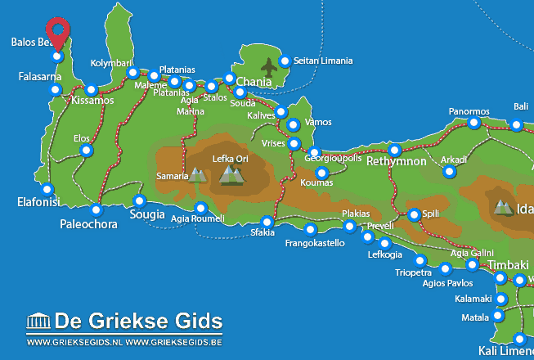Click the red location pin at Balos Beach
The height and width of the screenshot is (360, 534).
tap(57, 30)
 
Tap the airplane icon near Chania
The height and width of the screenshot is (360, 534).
tap(268, 65)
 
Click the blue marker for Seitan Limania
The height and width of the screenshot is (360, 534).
tap(285, 61)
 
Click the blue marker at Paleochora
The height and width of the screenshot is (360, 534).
tap(96, 209)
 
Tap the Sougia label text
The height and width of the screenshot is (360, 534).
tap(147, 215)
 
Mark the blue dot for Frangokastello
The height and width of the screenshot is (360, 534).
tap(309, 229)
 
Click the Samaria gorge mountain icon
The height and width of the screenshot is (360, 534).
tap(197, 174)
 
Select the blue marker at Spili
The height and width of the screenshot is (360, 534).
tap(414, 214)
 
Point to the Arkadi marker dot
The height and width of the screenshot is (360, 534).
tap(449, 171)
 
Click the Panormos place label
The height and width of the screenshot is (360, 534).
tap(469, 111)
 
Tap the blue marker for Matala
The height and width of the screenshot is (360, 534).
tap(498, 316)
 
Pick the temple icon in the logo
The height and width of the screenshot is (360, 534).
tap(38, 320)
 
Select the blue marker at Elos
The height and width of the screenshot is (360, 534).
tap(87, 151)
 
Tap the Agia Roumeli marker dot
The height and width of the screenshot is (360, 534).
tap(200, 208)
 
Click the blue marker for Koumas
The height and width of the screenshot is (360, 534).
tap(321, 173)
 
